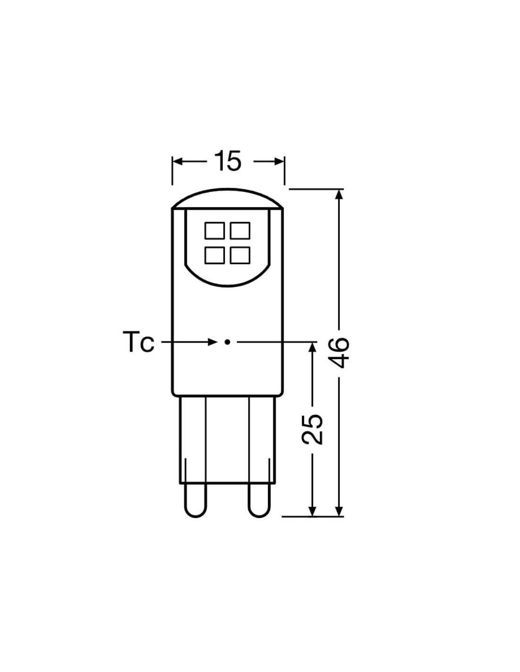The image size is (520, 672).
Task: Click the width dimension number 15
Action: [228, 161]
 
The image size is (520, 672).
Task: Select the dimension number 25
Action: [312, 429]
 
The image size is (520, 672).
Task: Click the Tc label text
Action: [139, 342]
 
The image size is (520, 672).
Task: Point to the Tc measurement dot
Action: [227, 342]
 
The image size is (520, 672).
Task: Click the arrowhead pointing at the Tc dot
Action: [212, 342]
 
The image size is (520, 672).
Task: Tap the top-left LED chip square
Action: [215, 231]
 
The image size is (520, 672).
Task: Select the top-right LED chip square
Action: [240, 231]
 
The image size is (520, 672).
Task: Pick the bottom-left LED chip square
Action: [215, 256]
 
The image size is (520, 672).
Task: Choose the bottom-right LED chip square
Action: [240, 256]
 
